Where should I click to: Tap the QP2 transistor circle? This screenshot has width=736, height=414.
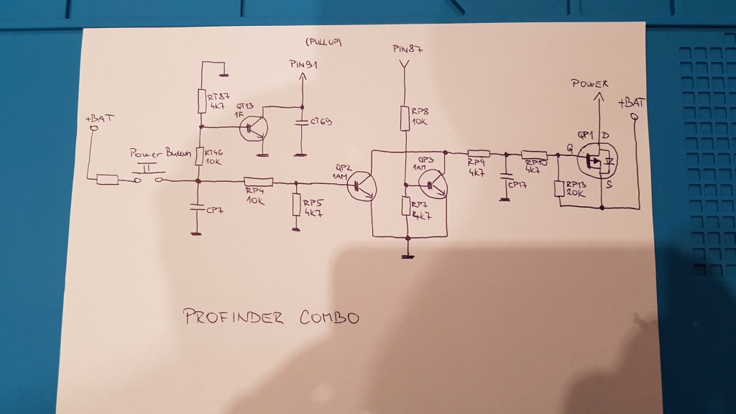(x=361, y=187)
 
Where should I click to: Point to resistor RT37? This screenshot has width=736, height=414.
(x=202, y=101)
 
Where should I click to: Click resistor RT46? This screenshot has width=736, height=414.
(x=201, y=157)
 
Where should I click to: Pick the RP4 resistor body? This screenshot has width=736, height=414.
(x=258, y=181)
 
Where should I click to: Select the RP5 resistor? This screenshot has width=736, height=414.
(x=296, y=205)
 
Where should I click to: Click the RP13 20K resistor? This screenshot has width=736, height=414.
(x=559, y=189)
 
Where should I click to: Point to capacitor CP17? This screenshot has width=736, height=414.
(x=505, y=175)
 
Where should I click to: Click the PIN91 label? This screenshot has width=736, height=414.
(x=303, y=65)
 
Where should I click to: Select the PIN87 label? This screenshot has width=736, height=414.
(x=408, y=49)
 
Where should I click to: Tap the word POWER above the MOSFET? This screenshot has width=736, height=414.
(x=589, y=84)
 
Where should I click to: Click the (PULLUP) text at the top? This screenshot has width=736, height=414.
(x=323, y=42)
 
